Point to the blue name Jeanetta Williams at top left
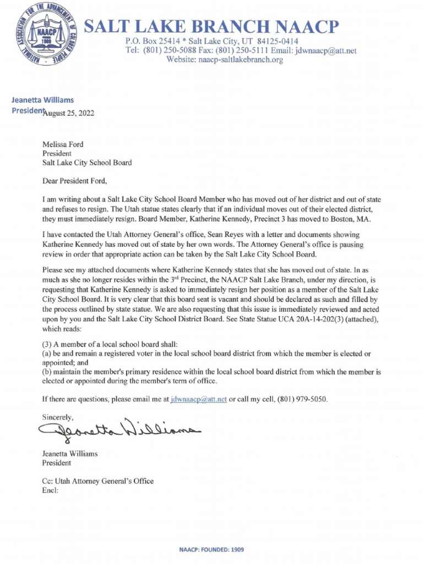(42, 100)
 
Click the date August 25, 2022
(69, 114)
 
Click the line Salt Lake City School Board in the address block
(87, 162)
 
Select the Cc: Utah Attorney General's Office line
(98, 481)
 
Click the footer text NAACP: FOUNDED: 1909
(211, 550)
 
